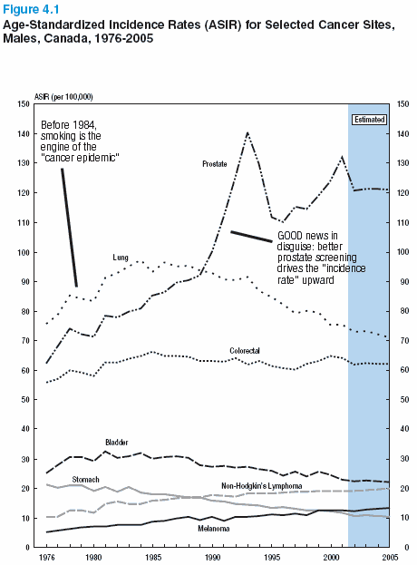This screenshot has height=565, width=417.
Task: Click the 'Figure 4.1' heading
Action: pos(31,9)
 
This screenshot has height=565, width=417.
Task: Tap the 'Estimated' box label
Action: pos(369,120)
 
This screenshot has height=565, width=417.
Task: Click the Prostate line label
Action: pos(215,164)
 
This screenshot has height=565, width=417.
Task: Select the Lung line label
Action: pos(121,258)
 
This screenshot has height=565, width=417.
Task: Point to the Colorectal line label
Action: pos(245,351)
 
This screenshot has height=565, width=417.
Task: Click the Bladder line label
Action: pos(117,443)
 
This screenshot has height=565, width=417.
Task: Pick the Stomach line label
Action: pos(85,480)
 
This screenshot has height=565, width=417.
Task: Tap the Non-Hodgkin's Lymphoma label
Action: pos(262,486)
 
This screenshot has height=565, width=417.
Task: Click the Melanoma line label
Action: pos(214,529)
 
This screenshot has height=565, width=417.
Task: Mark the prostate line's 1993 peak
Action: pos(247,132)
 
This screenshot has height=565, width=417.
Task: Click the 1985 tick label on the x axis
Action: pos(154,558)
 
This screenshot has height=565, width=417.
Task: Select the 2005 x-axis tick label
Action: pos(390,558)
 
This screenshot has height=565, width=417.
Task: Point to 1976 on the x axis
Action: pos(47,558)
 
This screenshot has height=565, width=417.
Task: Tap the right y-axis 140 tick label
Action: pos(403,133)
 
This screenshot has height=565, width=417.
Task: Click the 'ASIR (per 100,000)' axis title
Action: pos(63,97)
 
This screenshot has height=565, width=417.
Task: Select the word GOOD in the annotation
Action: pos(290,236)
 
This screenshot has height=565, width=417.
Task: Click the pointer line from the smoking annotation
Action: pos(69,228)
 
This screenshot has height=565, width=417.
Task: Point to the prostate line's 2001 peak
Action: pos(342,157)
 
